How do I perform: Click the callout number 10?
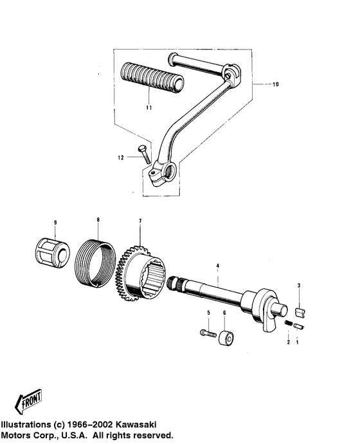click(275, 84)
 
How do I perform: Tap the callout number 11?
click(149, 107)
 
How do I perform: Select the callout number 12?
click(121, 158)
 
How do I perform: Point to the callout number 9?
click(55, 223)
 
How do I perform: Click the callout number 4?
click(217, 266)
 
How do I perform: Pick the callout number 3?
click(299, 286)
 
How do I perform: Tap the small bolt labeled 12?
click(145, 154)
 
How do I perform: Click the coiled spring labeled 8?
click(96, 263)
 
